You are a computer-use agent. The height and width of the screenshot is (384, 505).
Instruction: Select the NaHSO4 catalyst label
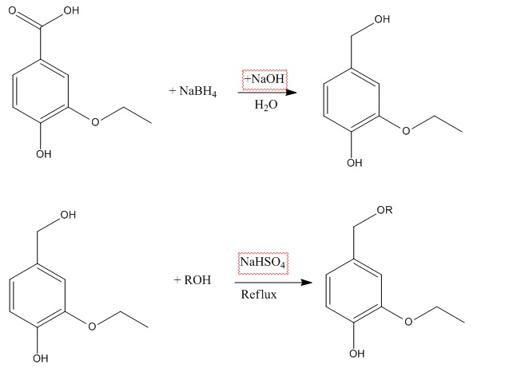click(263, 262)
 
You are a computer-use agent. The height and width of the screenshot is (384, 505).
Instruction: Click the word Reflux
click(258, 295)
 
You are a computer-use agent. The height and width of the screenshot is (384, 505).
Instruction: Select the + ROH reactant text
click(192, 280)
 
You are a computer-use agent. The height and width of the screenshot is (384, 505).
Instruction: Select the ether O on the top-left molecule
click(96, 122)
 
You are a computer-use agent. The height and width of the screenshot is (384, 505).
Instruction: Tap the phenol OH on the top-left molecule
click(42, 154)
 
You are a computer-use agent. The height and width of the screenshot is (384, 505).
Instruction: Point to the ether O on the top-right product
click(406, 131)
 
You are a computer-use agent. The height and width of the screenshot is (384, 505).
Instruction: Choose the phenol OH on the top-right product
click(354, 164)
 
